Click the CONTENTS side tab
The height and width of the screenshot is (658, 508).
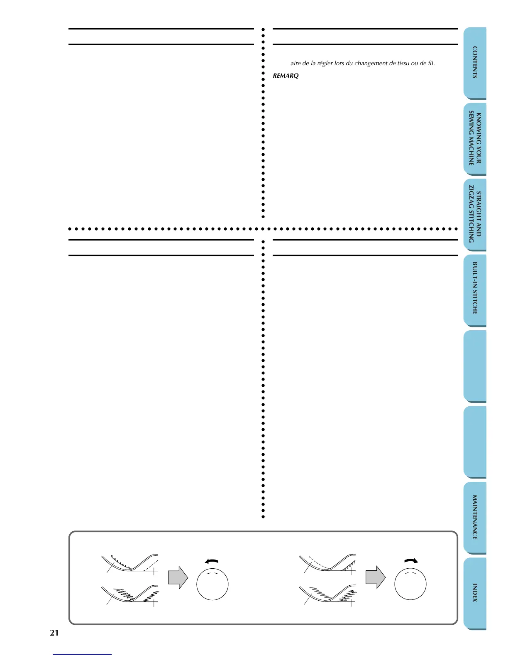(x=475, y=62)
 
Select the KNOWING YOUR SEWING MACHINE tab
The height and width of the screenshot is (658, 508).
(x=475, y=139)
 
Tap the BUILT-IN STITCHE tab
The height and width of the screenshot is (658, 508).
(x=475, y=288)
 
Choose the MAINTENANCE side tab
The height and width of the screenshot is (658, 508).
(x=475, y=517)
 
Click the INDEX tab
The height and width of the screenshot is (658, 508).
(x=475, y=593)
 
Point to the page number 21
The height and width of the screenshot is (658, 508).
(x=54, y=633)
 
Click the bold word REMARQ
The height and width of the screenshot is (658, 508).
(x=286, y=76)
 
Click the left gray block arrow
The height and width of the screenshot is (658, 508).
(x=178, y=577)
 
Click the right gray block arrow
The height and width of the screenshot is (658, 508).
(x=375, y=577)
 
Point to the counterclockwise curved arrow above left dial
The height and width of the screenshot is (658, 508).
(x=212, y=561)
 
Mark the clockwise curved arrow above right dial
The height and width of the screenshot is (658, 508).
(x=410, y=561)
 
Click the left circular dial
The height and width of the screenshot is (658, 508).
(x=212, y=584)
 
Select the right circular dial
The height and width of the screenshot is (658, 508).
(x=410, y=584)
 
